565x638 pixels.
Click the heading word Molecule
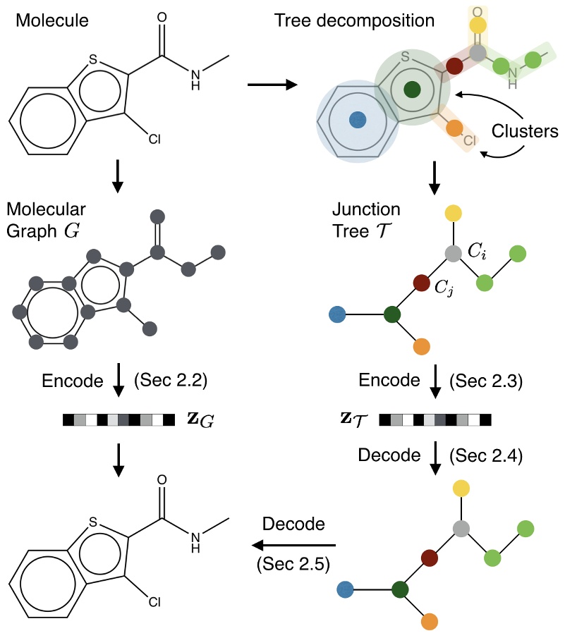(52, 21)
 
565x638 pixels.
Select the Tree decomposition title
(355, 20)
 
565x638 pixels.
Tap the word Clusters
(525, 131)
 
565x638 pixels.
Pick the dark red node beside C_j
(422, 283)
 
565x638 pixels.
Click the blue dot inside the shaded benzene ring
(358, 120)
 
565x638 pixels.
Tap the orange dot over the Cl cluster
(455, 128)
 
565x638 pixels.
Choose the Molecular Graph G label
(47, 221)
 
